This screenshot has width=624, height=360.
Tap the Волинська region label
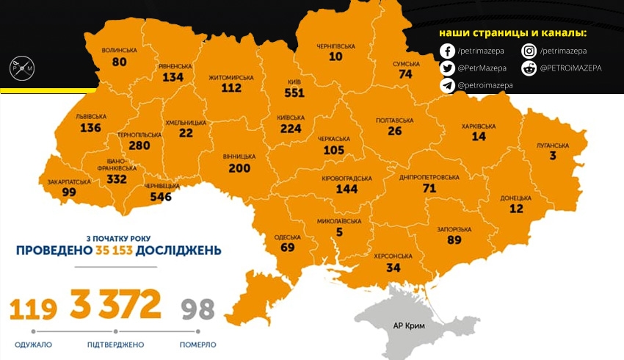pyautogui.click(x=120, y=51)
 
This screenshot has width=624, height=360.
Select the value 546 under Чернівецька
pyautogui.click(x=160, y=197)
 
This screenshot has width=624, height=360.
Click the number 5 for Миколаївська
pyautogui.click(x=339, y=233)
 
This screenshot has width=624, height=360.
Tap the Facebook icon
pyautogui.click(x=447, y=51)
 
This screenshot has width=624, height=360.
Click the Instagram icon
pyautogui.click(x=529, y=51)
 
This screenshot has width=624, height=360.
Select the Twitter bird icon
pyautogui.click(x=447, y=68)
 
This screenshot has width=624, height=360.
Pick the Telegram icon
pyautogui.click(x=447, y=85)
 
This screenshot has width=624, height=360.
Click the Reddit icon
pyautogui.click(x=529, y=68)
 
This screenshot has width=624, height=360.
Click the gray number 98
pyautogui.click(x=197, y=309)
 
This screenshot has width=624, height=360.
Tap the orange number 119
pyautogui.click(x=33, y=309)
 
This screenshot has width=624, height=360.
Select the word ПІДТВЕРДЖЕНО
pyautogui.click(x=115, y=345)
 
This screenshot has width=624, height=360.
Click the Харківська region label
pyautogui.click(x=479, y=126)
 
